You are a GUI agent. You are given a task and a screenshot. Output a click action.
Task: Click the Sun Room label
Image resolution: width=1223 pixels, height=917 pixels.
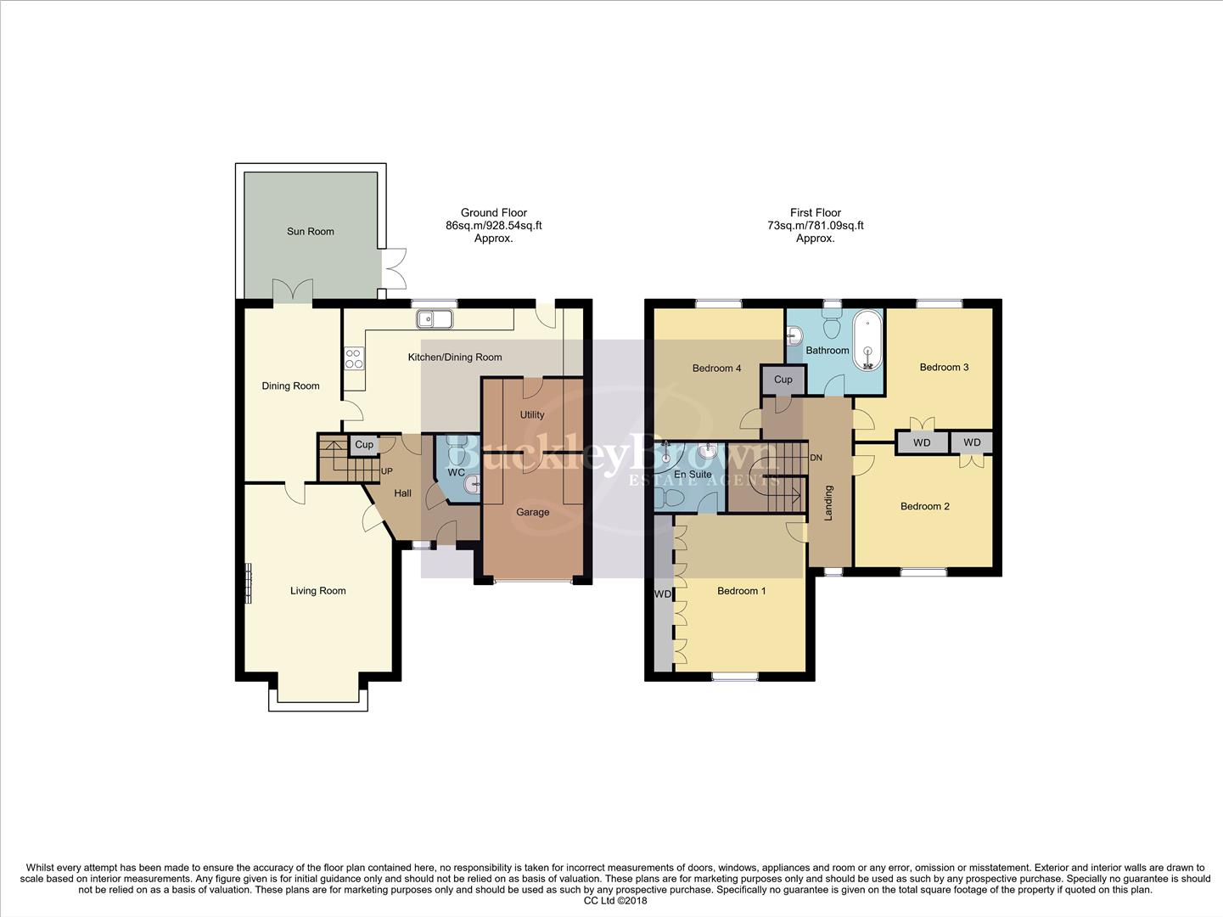310,231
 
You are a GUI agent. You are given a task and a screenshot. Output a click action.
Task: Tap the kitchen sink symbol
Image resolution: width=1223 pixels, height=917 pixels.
435,319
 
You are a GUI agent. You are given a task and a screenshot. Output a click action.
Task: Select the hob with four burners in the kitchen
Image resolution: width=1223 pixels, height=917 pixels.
354,358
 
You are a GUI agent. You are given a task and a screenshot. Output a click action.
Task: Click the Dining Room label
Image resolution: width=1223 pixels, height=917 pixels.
290,385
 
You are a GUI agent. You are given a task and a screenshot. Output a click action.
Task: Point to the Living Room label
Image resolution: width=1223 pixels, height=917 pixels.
317,591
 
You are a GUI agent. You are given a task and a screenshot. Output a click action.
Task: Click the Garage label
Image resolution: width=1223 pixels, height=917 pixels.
532,512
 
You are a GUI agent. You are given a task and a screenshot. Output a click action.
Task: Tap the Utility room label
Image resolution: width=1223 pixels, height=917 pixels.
532,415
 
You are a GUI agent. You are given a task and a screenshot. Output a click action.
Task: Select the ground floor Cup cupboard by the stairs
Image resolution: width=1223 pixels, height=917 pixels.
364,445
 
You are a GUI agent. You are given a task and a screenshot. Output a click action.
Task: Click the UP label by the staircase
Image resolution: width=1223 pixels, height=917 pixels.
387,471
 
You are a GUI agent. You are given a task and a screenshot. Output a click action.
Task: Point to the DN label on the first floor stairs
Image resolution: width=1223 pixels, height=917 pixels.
816,458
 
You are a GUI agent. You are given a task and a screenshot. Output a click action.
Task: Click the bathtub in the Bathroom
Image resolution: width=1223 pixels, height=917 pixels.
867,340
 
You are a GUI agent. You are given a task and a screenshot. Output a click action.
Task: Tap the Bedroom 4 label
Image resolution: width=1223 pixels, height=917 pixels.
716,368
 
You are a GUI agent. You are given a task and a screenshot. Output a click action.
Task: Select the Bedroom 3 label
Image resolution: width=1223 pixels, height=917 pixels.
944,367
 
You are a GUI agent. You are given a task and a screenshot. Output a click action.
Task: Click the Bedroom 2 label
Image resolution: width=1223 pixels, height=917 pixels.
924,506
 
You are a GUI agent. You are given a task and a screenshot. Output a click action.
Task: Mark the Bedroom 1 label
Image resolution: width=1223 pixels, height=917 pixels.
741,591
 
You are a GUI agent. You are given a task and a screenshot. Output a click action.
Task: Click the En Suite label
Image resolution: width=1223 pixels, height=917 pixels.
693,475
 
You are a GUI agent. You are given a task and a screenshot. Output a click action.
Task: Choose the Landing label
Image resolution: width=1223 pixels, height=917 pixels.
829,503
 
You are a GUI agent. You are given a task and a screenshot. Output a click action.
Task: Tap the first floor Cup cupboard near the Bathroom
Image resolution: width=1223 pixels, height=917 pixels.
783,380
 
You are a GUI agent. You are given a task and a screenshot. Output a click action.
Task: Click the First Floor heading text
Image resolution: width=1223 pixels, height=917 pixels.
815,213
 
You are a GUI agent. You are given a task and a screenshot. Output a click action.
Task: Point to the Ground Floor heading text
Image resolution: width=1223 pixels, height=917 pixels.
493,213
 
